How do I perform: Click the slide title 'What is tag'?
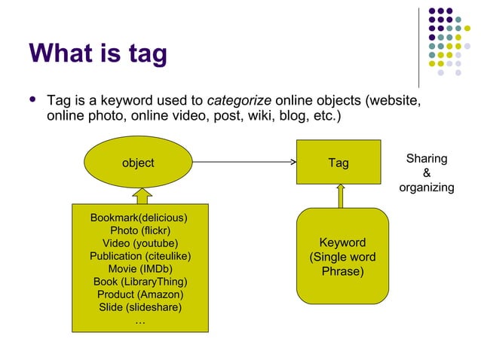click(x=98, y=53)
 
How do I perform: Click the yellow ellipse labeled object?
click(x=138, y=163)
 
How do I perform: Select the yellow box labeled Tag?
click(x=339, y=163)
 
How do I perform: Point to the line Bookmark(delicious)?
click(x=139, y=218)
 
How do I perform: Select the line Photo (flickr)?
click(x=139, y=230)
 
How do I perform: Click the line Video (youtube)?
click(x=139, y=243)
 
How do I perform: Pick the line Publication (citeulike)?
click(x=139, y=256)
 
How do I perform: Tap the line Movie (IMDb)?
click(x=139, y=269)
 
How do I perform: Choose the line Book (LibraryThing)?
click(x=139, y=282)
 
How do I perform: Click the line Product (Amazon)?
click(x=139, y=294)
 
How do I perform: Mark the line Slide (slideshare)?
click(x=139, y=307)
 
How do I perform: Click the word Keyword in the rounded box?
click(x=343, y=243)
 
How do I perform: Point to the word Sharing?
click(x=427, y=159)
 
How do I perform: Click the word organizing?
click(x=427, y=187)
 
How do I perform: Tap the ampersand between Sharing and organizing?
click(x=427, y=173)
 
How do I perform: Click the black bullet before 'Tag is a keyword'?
click(x=32, y=99)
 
